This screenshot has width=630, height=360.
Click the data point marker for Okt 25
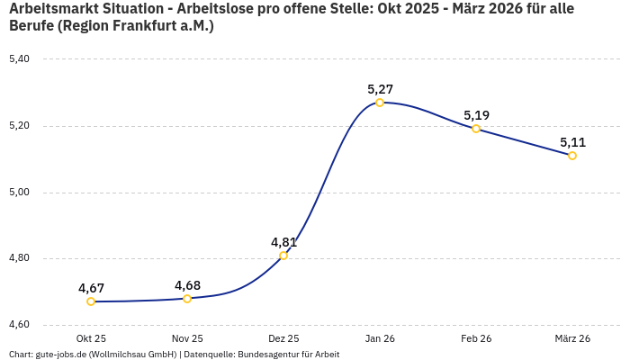coord(91,301)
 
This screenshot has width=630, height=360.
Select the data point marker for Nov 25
coord(187,299)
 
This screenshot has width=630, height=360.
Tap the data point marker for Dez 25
coord(283,256)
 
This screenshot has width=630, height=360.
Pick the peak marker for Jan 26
coord(380,103)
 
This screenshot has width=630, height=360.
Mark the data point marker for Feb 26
coord(476,129)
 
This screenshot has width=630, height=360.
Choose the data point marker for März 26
coord(572,156)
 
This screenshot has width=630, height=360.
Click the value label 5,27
coord(380,89)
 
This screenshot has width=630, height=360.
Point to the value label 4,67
coord(91,288)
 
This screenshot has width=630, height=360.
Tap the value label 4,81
coord(283,242)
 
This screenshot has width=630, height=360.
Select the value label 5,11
coord(572,142)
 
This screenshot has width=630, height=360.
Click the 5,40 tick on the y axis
coord(19,59)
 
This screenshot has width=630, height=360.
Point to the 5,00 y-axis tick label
coord(19,193)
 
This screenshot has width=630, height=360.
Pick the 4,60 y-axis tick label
coord(19,325)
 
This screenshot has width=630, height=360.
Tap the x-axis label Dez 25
coord(283,338)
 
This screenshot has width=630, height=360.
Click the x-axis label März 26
coord(572,338)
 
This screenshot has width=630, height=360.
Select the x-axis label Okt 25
coord(91,338)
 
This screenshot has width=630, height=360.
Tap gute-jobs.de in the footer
coord(60,355)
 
